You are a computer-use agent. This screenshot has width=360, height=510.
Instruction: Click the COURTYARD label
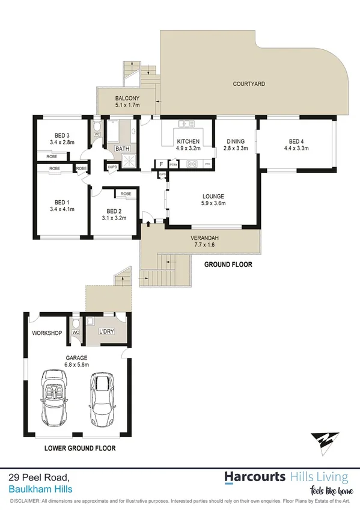tap(249, 84)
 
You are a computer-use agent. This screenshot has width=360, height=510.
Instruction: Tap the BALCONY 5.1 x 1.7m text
tap(127, 102)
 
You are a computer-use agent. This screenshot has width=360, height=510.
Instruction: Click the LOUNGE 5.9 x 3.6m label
tap(213, 200)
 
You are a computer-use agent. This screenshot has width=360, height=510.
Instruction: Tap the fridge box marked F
tap(160, 164)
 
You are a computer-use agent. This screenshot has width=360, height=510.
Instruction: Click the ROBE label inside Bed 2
tap(126, 194)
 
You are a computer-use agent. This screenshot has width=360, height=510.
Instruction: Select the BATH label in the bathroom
tap(123, 149)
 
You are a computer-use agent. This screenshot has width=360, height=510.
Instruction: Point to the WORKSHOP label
tap(47, 333)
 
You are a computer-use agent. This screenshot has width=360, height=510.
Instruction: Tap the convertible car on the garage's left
tap(55, 399)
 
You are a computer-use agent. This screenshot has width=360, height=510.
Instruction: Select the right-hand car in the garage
tap(102, 399)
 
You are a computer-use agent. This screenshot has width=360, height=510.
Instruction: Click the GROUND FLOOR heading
tap(228, 264)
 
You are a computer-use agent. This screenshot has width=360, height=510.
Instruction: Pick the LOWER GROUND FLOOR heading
tap(80, 448)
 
